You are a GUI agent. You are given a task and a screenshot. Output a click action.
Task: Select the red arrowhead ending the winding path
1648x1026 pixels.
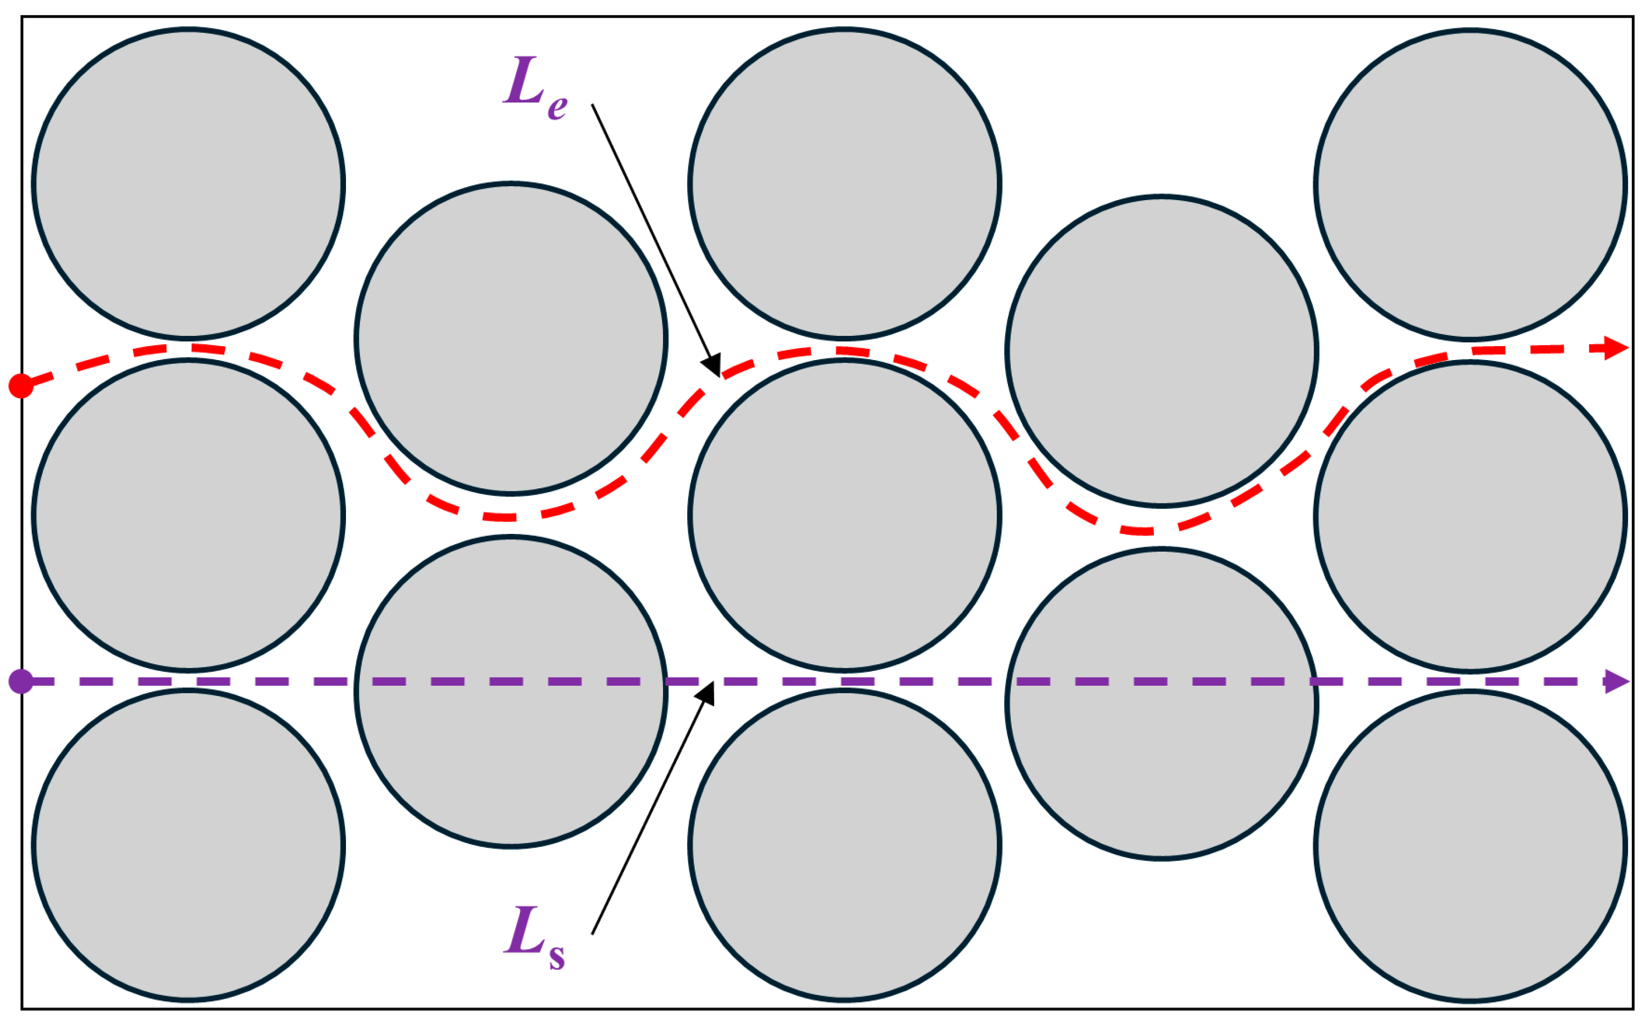click(1617, 348)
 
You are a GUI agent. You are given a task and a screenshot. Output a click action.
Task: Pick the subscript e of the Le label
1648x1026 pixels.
click(557, 107)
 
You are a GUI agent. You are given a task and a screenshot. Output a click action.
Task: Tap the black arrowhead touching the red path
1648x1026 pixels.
click(712, 367)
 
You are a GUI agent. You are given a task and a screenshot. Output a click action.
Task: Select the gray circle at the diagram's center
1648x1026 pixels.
click(844, 515)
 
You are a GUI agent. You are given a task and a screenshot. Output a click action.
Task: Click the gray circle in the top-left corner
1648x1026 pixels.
click(188, 183)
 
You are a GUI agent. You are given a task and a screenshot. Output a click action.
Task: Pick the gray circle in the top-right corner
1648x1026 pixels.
click(1470, 185)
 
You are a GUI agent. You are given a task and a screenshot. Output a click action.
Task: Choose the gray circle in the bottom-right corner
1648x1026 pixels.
click(1470, 846)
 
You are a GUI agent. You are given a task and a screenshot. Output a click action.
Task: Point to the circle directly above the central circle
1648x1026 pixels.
click(844, 183)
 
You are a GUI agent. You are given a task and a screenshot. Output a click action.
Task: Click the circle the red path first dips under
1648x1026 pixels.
click(511, 338)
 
